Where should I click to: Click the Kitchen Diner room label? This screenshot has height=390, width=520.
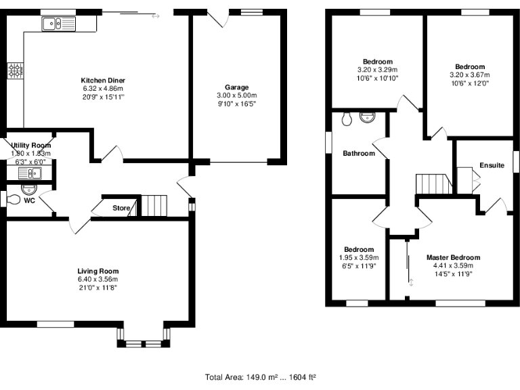point(103,81)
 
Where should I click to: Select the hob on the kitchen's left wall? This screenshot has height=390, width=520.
point(14,70)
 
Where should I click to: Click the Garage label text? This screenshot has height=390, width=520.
point(237,87)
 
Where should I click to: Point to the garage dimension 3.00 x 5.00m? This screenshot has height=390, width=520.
point(237,95)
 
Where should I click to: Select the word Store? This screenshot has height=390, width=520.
point(121,208)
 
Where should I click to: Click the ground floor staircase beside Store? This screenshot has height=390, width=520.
point(154,206)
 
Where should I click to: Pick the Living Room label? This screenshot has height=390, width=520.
point(97,271)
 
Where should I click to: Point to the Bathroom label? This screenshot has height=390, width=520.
point(358,154)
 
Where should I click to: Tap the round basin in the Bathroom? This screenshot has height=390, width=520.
point(368,117)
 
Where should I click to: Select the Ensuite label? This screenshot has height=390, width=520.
point(492,165)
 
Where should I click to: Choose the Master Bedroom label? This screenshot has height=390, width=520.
point(453,257)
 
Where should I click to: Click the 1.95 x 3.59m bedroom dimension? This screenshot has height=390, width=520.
point(358,258)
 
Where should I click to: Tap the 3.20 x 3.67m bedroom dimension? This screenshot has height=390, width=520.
point(469,75)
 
